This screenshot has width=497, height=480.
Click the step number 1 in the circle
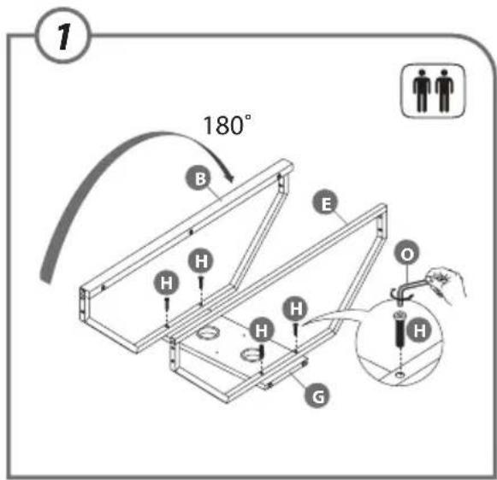click(x=64, y=36)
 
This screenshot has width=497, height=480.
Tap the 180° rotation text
click(x=228, y=125)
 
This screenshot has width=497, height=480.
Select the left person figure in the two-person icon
click(x=422, y=91)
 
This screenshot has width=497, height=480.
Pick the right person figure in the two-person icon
click(x=444, y=91)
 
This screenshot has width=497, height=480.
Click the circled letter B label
click(x=199, y=179)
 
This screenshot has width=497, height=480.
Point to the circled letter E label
click(x=326, y=202)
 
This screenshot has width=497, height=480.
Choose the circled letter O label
click(x=407, y=254)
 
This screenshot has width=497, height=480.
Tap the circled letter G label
click(x=317, y=395)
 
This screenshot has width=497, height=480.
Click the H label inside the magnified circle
click(x=419, y=331)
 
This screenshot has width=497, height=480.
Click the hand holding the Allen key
click(x=446, y=284)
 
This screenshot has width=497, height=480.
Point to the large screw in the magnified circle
click(x=399, y=329)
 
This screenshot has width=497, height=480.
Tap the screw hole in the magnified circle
click(x=400, y=375)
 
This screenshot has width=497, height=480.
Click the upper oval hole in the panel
click(x=208, y=333)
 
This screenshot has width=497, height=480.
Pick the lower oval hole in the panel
click(x=251, y=354)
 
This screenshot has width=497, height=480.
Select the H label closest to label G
click(x=261, y=330)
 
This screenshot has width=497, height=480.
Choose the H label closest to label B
click(x=201, y=261)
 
